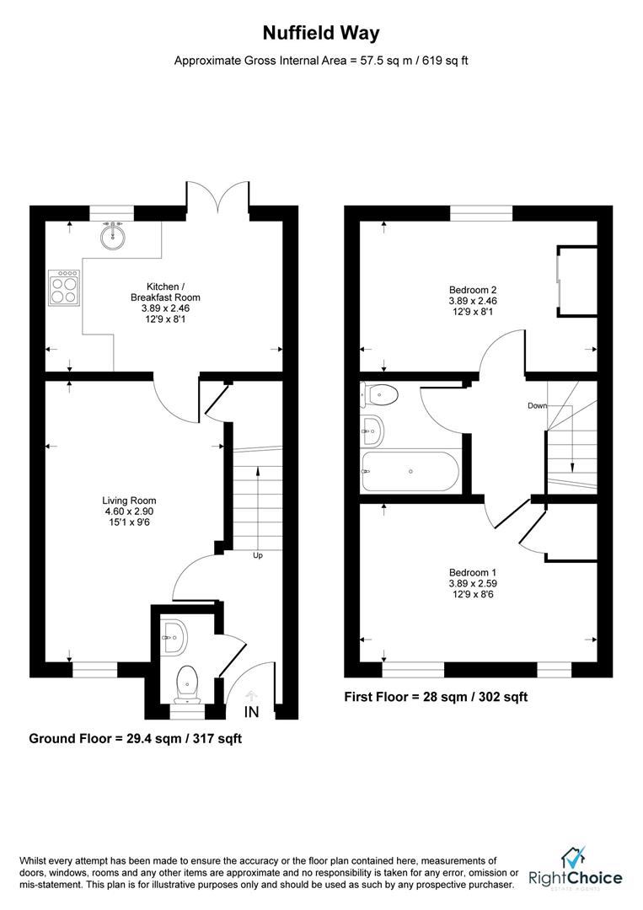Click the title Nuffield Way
pos(321,34)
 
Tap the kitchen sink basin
pos(112,235)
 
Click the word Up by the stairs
pos(258,555)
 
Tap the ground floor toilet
pos(187,682)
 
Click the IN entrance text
pos(251,712)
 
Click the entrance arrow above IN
pos(251,695)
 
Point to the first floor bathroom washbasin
pos(372,431)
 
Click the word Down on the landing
pos(537,405)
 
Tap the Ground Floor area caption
pos(136,739)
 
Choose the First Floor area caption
pos(436,697)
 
